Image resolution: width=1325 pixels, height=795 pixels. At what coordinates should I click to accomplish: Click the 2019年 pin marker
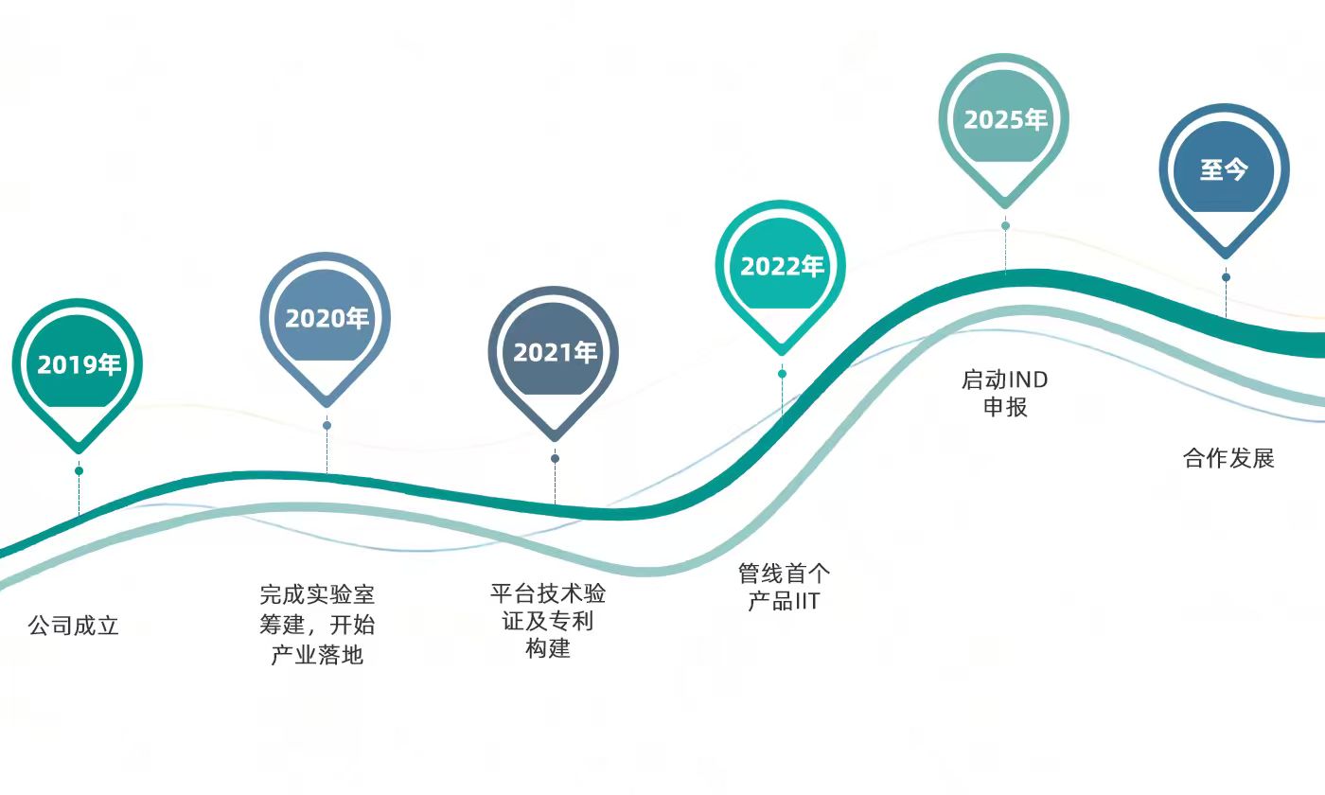79,365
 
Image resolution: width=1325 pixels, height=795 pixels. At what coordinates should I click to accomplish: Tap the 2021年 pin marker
555,353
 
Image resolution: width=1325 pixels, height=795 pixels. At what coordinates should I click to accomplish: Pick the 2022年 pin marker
781,267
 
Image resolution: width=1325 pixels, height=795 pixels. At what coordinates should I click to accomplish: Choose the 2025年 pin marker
1005,120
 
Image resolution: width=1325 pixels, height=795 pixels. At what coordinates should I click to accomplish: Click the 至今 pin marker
1225,170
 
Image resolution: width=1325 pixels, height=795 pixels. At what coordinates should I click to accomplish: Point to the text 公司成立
74,626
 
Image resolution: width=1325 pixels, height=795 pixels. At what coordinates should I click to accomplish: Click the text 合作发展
1228,459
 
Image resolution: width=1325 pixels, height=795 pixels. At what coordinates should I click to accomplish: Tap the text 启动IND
1005,380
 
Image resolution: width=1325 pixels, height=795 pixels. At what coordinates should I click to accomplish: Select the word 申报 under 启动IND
1005,408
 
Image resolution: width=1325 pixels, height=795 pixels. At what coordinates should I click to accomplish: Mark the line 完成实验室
317,595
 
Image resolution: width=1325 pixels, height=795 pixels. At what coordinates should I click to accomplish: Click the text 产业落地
317,655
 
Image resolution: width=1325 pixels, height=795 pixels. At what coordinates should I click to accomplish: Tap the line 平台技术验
548,594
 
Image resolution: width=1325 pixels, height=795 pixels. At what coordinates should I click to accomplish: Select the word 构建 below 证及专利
548,649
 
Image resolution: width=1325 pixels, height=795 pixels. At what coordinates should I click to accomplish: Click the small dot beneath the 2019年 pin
79,470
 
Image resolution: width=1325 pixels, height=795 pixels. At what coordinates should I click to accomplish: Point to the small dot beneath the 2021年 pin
555,458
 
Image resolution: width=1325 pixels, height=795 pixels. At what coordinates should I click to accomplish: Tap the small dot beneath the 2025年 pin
1005,225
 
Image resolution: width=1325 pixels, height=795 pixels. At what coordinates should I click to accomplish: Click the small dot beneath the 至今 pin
1226,277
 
